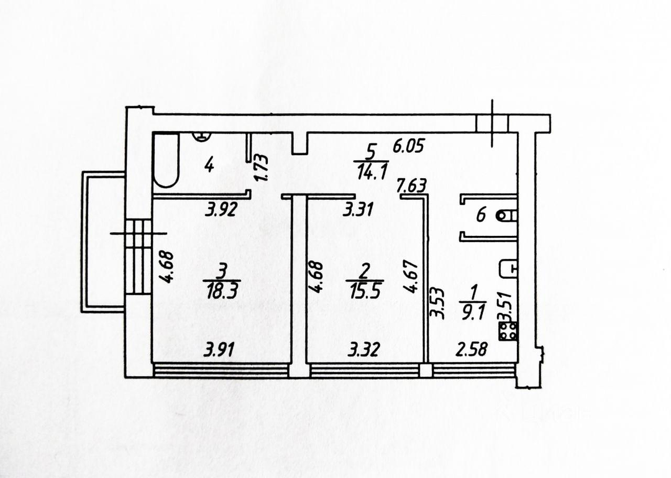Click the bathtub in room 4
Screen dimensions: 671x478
pos(166,161)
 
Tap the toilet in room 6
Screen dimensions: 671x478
pos(508,215)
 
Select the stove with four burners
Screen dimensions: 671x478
pos(508,331)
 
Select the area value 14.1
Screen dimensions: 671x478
pos(370,171)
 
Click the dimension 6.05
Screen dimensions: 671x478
pos(408,147)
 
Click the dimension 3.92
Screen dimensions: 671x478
pos(220,210)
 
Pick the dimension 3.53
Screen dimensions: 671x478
pos(438,303)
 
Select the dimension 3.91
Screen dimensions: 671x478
pos(219,351)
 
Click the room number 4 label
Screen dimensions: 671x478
pos(209,165)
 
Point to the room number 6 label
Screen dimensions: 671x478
pos(480,215)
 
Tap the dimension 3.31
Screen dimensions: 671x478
pos(360,209)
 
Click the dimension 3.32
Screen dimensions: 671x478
pos(363,351)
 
